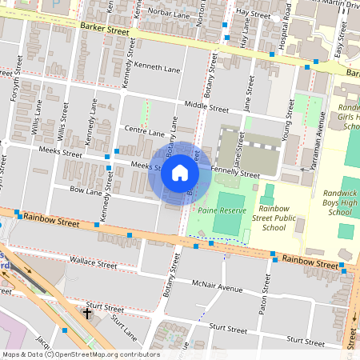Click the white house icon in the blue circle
tap(179, 172)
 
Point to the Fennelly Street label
tap(234, 172)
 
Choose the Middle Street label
tap(206, 106)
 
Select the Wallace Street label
tap(94, 261)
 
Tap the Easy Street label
tap(340, 54)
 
